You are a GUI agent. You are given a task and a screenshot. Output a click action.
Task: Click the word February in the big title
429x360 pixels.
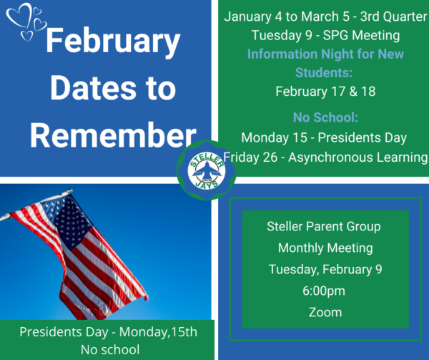coord(113,42)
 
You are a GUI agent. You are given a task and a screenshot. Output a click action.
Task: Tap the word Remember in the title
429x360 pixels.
coord(113,135)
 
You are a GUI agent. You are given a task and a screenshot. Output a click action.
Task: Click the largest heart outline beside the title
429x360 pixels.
coord(19,15)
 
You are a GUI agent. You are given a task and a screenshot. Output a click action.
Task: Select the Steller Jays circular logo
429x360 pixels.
coord(207,171)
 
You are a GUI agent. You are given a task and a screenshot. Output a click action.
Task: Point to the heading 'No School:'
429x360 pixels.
coord(325,117)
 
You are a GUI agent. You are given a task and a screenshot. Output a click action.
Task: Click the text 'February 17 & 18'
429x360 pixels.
coord(325,92)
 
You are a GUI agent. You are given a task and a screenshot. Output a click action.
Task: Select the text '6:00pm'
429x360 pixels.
coord(324,291)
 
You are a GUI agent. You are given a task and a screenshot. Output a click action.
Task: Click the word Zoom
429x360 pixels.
coord(325,312)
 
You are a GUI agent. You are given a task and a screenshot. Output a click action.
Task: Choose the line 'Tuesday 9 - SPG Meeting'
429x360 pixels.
coord(325,36)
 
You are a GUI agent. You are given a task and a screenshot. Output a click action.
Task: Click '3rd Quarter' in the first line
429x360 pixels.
coord(393,16)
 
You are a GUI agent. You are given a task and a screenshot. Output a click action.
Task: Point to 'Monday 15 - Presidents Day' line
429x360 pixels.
coord(324,137)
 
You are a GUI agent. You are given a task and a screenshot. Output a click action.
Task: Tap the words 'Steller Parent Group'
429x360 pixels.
coord(324,227)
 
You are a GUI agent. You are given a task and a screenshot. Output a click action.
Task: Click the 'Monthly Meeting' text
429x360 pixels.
coord(325,248)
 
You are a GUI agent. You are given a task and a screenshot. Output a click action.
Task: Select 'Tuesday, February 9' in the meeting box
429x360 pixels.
coord(325,270)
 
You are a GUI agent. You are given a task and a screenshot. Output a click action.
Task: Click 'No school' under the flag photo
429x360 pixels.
coord(110,350)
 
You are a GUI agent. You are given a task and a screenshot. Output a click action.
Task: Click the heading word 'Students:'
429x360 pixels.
coord(324,73)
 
